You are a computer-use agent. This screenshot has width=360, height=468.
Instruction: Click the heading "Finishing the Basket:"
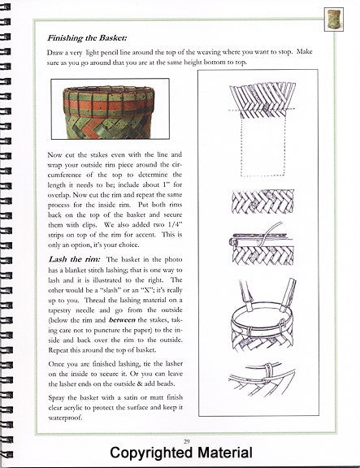pos(87,38)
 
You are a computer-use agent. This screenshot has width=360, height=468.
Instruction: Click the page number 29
pos(187,441)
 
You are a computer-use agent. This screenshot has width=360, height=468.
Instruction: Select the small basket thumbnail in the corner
pos(334,19)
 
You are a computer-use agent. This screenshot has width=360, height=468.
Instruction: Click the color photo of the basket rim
pos(111,109)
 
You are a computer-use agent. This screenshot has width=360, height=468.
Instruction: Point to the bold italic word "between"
pos(122,320)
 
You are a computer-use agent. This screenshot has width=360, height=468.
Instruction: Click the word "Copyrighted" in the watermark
pos(151,453)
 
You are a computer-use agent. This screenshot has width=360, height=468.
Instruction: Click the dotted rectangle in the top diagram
pos(262,145)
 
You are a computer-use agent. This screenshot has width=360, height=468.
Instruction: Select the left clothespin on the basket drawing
pos(246,295)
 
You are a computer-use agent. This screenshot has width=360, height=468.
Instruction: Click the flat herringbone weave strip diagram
pos(263,201)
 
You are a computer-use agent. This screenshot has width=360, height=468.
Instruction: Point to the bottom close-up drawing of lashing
pos(262,379)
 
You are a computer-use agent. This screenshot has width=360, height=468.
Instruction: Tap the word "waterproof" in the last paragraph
pos(64,418)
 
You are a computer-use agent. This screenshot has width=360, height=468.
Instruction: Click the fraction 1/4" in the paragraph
pos(173,225)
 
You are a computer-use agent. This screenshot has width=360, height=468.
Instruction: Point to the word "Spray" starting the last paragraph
pos(57,398)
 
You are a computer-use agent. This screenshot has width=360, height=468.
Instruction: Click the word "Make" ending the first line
pos(304,51)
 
